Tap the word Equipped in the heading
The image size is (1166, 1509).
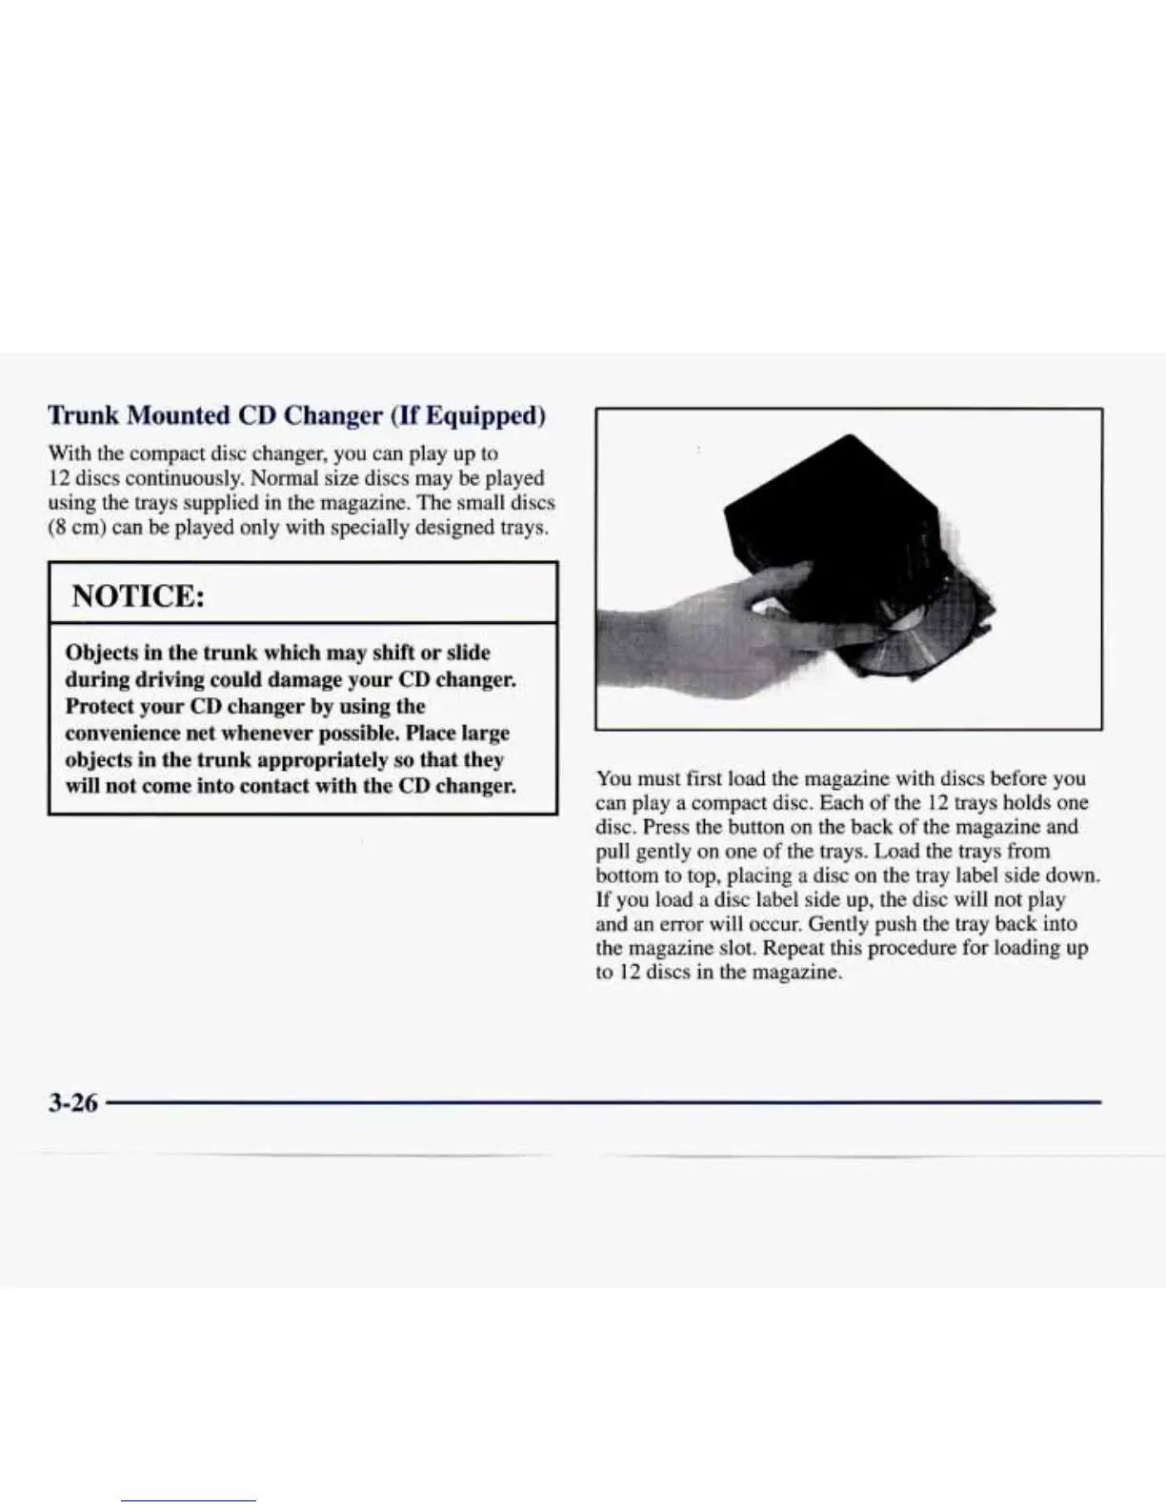[x=483, y=415]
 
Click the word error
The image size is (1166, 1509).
[x=671, y=924]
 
